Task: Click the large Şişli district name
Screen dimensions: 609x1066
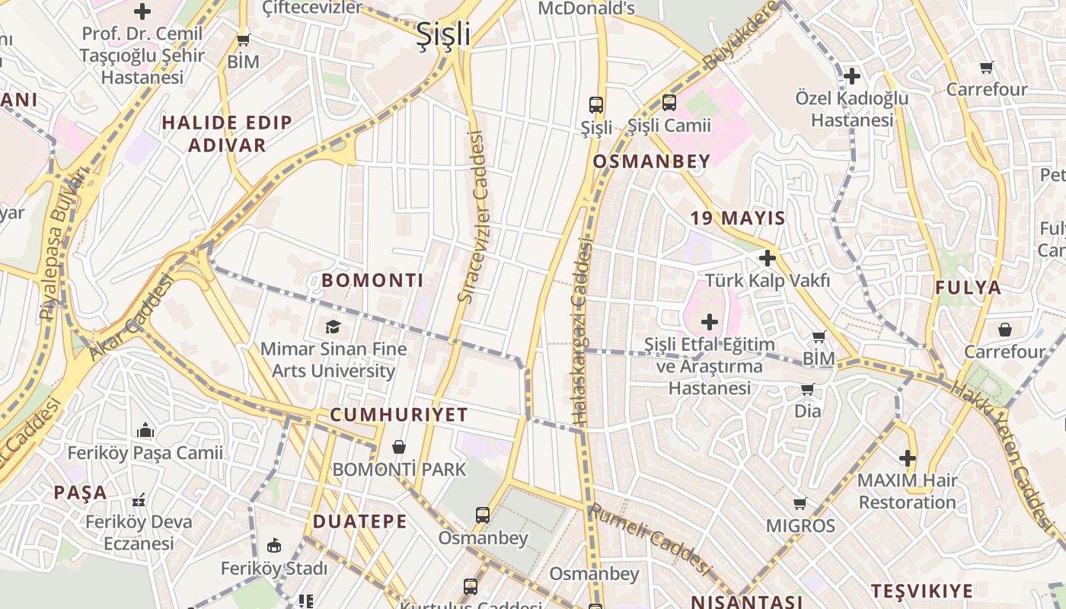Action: pyautogui.click(x=443, y=35)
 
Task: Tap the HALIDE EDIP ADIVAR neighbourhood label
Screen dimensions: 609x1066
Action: pyautogui.click(x=227, y=134)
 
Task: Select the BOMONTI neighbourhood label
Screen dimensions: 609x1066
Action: pyautogui.click(x=372, y=280)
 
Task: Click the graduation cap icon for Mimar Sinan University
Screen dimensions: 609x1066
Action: pyautogui.click(x=333, y=327)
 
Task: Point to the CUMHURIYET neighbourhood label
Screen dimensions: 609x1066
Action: pyautogui.click(x=399, y=415)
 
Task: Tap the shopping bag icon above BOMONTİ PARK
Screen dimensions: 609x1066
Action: pyautogui.click(x=399, y=447)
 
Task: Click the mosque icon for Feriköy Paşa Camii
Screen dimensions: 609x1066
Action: pyautogui.click(x=145, y=431)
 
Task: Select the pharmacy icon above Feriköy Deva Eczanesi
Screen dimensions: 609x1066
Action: pyautogui.click(x=139, y=500)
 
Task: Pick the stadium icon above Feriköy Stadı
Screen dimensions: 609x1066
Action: pyautogui.click(x=274, y=545)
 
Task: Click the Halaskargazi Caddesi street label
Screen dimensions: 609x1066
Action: pyautogui.click(x=582, y=331)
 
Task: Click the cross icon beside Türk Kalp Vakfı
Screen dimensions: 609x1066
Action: pyautogui.click(x=767, y=258)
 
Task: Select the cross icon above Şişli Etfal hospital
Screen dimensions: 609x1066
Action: pyautogui.click(x=710, y=322)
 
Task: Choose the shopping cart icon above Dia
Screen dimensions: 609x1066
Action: pyautogui.click(x=808, y=390)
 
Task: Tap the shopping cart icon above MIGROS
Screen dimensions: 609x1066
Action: pyautogui.click(x=800, y=503)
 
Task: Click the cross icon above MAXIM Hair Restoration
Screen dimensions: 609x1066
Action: pyautogui.click(x=907, y=458)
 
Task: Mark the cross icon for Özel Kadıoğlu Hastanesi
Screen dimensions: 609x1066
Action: pyautogui.click(x=852, y=76)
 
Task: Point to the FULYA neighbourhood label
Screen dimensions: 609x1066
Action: pyautogui.click(x=968, y=288)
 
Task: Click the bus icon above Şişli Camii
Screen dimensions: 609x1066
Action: pyautogui.click(x=669, y=103)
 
